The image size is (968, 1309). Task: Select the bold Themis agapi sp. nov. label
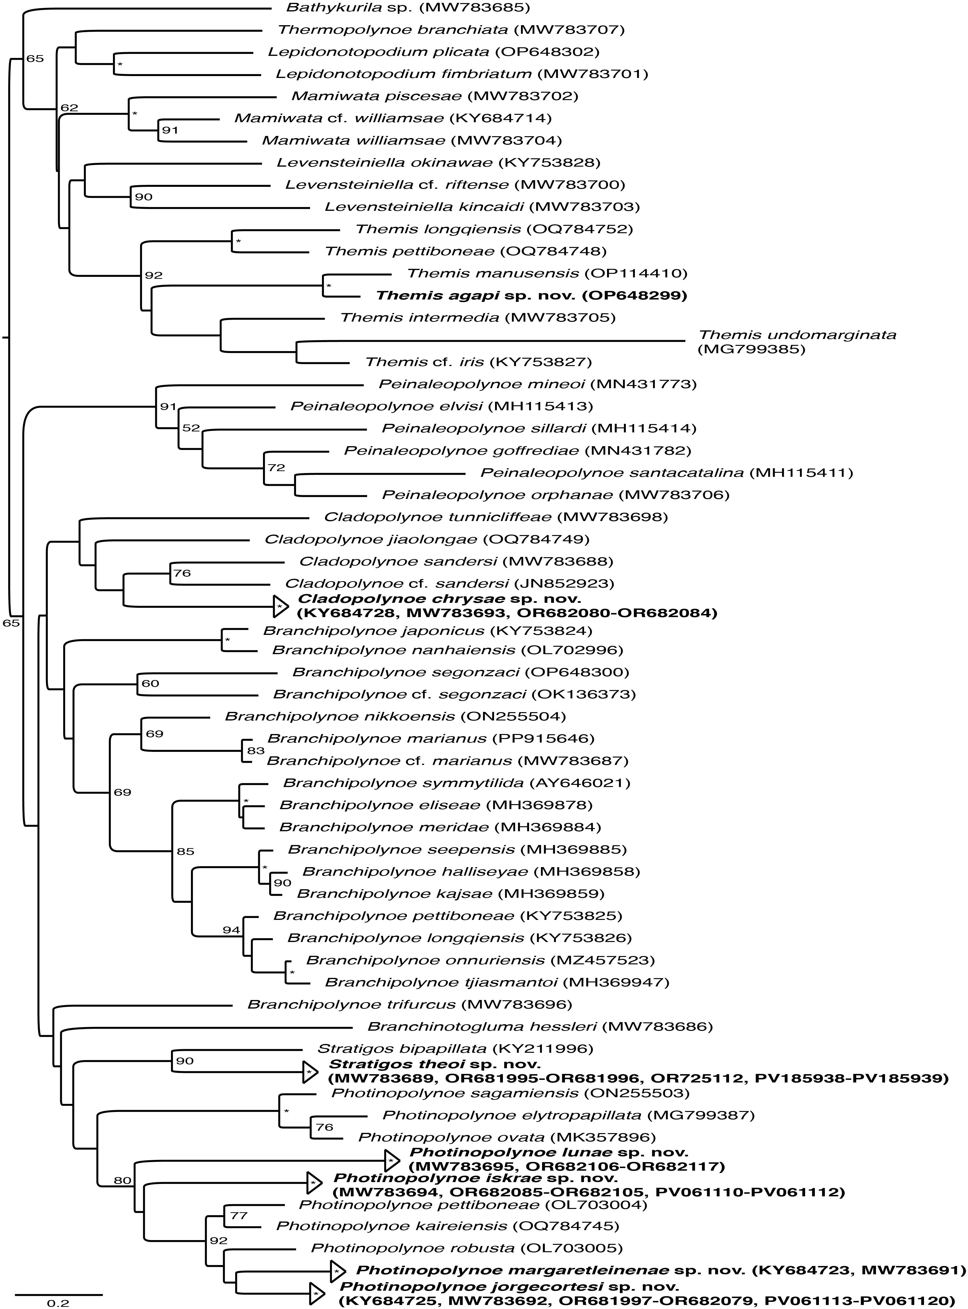tap(531, 295)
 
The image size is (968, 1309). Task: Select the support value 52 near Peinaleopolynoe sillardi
tap(191, 428)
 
